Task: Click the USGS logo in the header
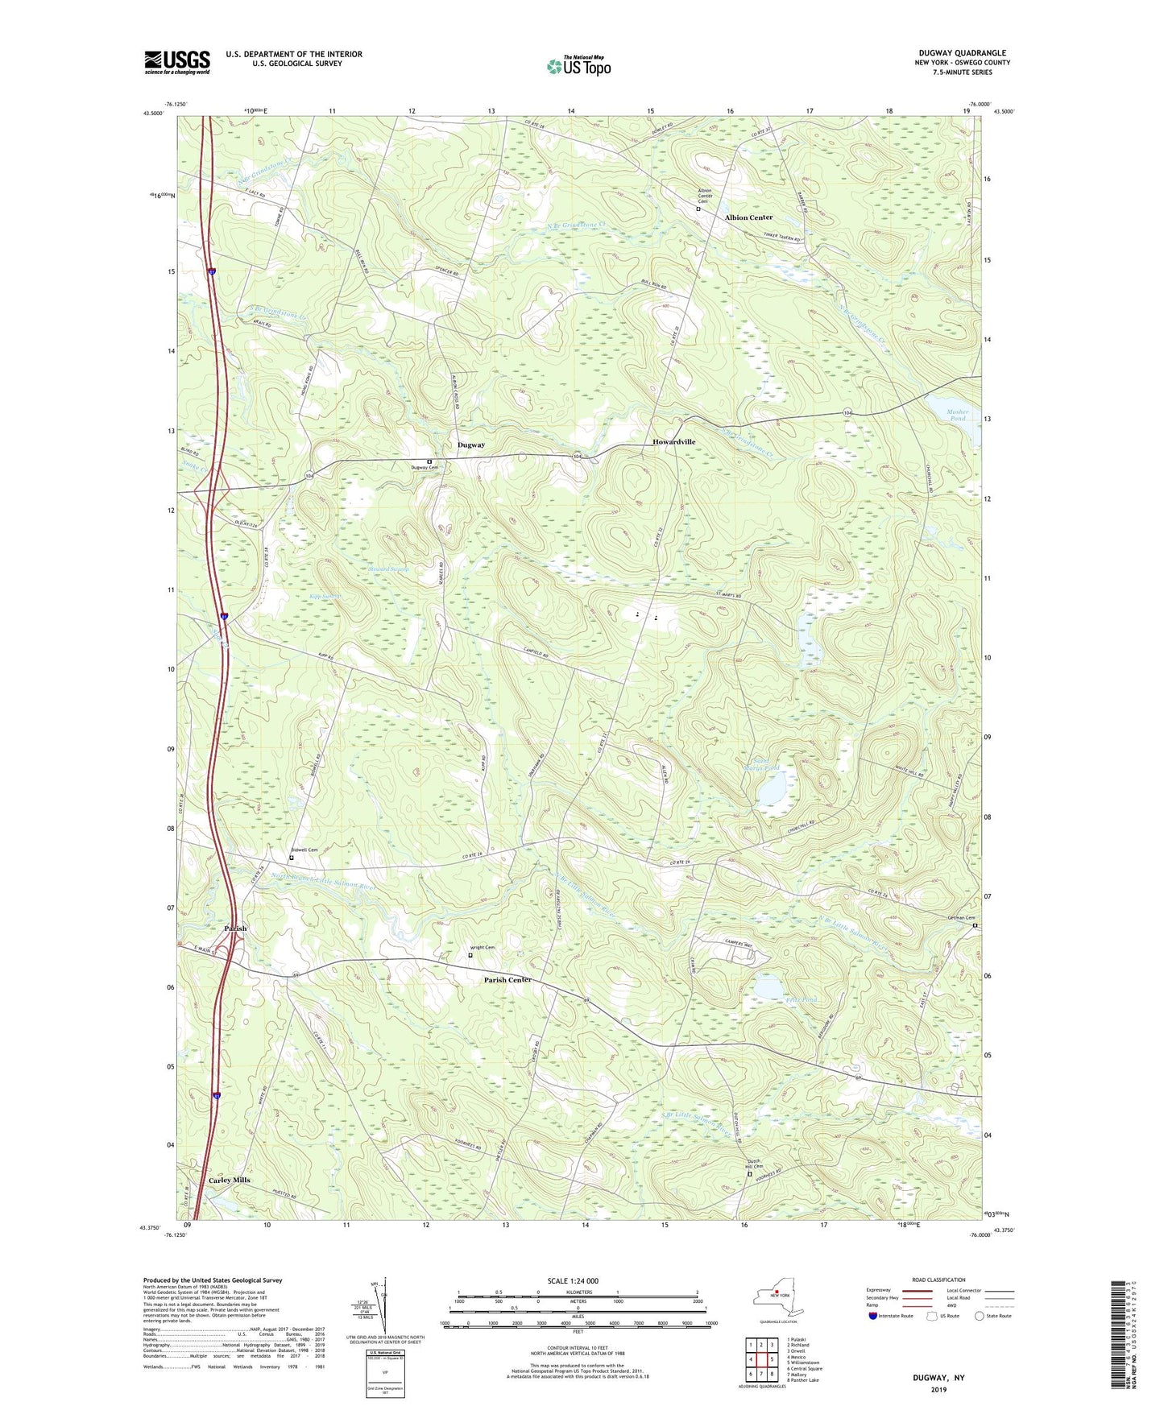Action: (177, 62)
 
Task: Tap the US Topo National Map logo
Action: (578, 66)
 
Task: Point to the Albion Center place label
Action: (748, 217)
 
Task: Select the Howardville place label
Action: (673, 442)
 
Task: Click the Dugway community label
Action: (471, 445)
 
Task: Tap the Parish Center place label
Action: (507, 980)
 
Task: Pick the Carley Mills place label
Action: (230, 1180)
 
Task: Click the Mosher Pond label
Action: (957, 416)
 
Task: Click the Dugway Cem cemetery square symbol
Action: (429, 461)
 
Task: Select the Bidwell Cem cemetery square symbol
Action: (292, 858)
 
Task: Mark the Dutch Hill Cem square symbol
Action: (749, 1174)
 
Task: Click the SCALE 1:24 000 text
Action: (572, 1281)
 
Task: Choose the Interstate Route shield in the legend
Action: (873, 1316)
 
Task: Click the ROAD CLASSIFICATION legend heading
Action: (939, 1280)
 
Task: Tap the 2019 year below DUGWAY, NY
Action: (938, 1389)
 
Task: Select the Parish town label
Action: (235, 928)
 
